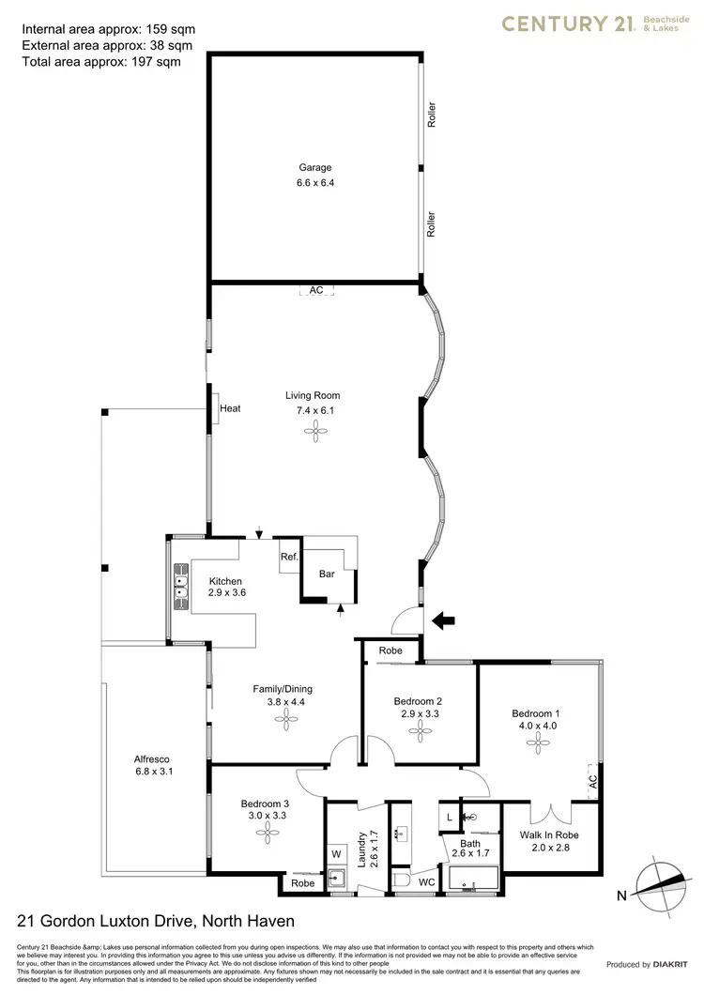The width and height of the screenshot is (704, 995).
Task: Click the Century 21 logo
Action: [x=601, y=25]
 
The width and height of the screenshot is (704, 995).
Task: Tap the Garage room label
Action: [x=315, y=168]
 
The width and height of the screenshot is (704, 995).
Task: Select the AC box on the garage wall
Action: [x=316, y=291]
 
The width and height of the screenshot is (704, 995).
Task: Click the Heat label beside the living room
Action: [x=230, y=408]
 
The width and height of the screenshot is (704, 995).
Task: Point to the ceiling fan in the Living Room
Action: [x=315, y=431]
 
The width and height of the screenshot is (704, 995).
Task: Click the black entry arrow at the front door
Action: [x=442, y=620]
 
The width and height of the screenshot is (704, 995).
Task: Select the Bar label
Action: [x=328, y=573]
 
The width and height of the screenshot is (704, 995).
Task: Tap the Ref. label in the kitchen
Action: [x=289, y=558]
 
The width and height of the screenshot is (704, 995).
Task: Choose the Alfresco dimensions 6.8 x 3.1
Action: [x=154, y=772]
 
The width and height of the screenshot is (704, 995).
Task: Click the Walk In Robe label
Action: [x=549, y=834]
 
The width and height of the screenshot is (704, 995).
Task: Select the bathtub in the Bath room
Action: [x=476, y=880]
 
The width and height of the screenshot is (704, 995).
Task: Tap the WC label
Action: [x=426, y=882]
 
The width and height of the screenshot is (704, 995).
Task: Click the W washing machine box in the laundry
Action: [x=336, y=855]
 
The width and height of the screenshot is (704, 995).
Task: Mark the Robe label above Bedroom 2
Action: [x=390, y=651]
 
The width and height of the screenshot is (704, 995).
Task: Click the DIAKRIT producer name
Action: [x=671, y=964]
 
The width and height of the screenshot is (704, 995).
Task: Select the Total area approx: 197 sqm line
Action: [x=100, y=61]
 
